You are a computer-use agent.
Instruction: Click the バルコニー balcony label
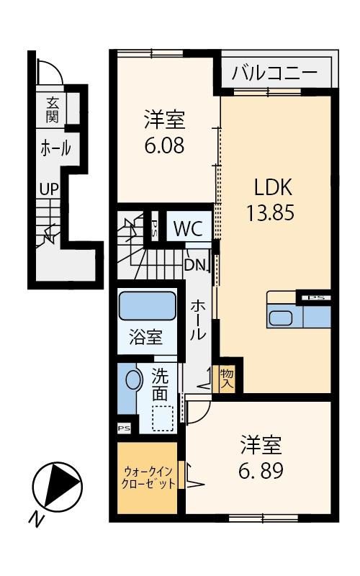(x=274, y=73)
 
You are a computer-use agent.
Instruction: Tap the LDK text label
(x=274, y=187)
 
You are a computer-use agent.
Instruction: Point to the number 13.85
(x=271, y=212)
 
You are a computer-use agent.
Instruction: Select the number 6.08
(x=164, y=145)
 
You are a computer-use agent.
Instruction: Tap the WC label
(x=189, y=228)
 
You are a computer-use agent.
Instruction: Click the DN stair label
(x=194, y=264)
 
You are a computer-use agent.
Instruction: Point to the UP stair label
(x=49, y=189)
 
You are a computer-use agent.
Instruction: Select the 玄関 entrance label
(x=52, y=110)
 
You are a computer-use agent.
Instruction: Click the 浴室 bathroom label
(x=146, y=337)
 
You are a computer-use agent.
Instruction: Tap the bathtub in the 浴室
(x=147, y=306)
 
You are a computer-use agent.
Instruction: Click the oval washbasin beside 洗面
(x=134, y=379)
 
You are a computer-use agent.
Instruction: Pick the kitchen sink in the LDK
(x=281, y=318)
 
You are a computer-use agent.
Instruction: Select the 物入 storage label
(x=227, y=379)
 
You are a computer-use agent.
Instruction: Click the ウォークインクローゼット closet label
(x=148, y=477)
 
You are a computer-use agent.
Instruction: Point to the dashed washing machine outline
(x=163, y=418)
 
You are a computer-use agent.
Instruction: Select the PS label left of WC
(x=155, y=225)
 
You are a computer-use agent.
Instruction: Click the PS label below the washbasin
(x=124, y=428)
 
